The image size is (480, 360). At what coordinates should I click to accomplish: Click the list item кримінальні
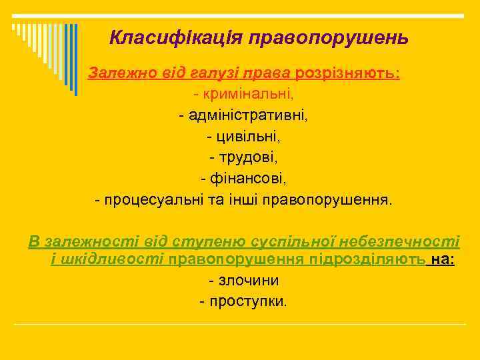point(247,94)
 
